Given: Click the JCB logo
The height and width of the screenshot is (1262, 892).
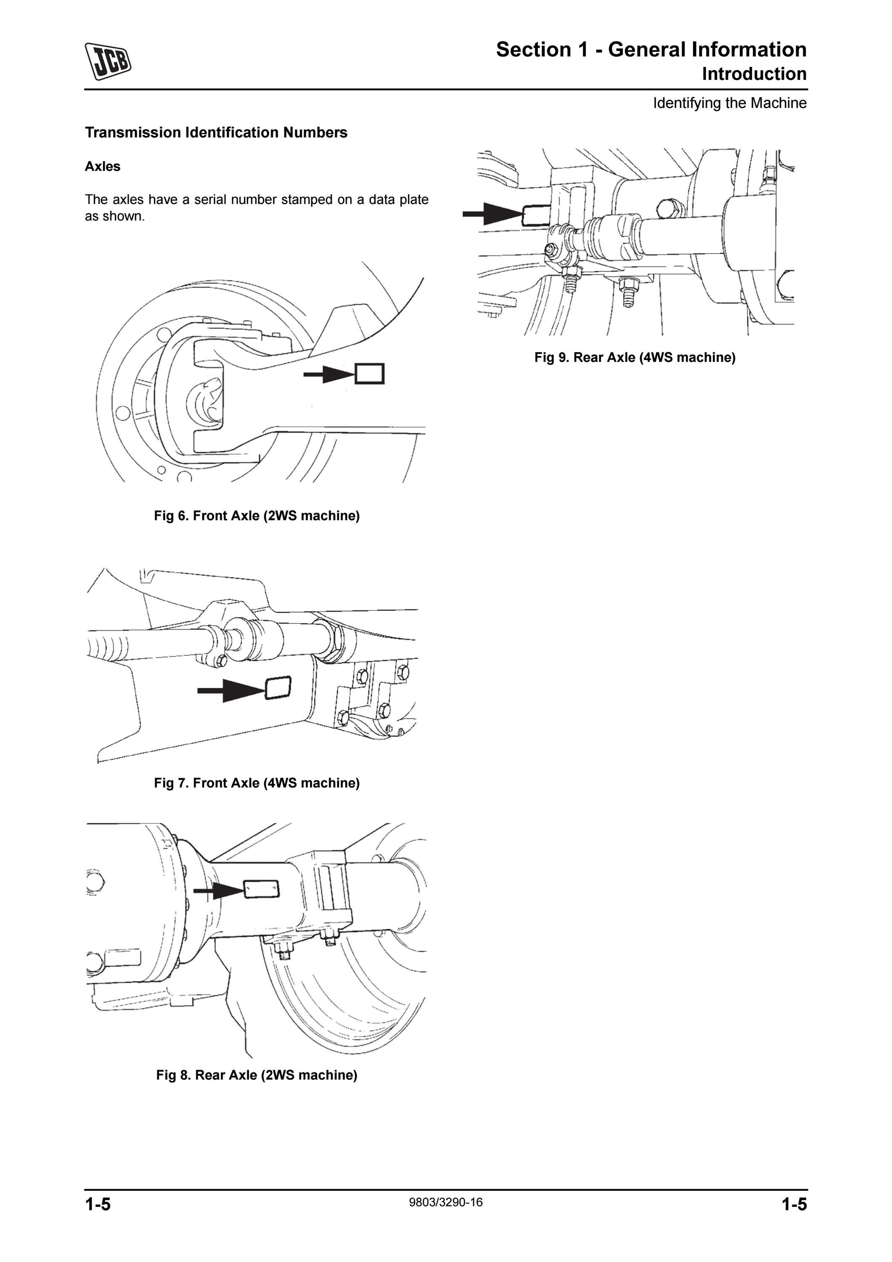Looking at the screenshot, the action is (x=108, y=61).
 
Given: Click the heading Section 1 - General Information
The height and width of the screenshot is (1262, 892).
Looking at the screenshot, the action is (x=651, y=50).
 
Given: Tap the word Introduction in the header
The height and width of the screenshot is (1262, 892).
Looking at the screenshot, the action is (x=754, y=74).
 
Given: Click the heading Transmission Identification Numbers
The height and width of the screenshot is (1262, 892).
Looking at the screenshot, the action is (x=216, y=133).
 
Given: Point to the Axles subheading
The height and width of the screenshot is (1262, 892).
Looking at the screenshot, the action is (x=102, y=167).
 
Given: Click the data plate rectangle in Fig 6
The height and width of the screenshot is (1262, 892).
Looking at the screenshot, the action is (x=369, y=374).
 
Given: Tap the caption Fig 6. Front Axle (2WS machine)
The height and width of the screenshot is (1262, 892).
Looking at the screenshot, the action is (x=257, y=516).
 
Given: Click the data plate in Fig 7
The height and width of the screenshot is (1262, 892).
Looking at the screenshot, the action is (x=278, y=688).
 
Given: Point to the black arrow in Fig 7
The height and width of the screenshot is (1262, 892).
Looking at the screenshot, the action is (x=232, y=690).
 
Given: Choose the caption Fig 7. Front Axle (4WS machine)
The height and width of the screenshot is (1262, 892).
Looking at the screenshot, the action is (x=257, y=783).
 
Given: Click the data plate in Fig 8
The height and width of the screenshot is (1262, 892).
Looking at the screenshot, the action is (x=261, y=889).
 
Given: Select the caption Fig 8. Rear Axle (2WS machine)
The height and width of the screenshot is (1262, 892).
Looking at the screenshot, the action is (x=257, y=1074).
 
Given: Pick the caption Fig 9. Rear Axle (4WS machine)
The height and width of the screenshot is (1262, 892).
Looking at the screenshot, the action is (x=635, y=357).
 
